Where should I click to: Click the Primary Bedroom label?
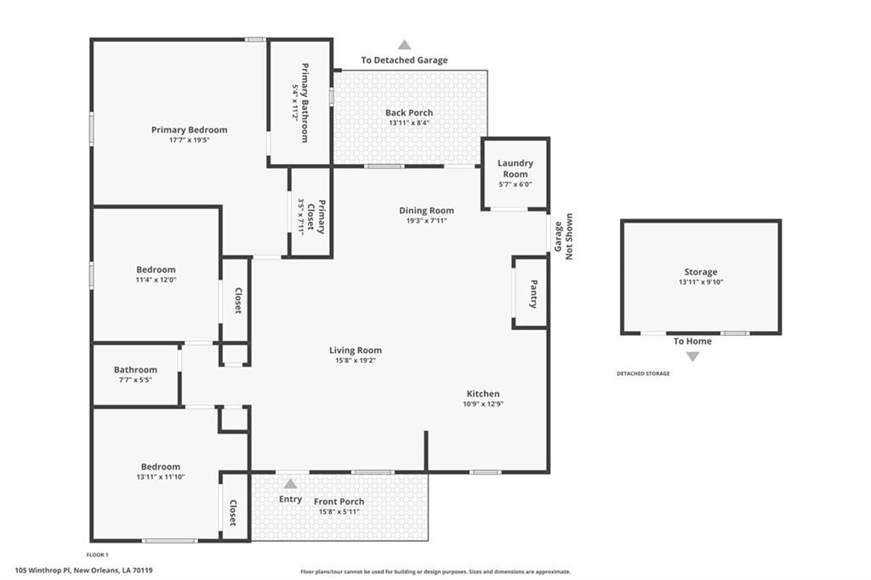point(190,130)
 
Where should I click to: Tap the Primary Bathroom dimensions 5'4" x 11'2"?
point(295,102)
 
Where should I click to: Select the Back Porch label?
point(409,113)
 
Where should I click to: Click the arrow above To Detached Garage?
point(404,45)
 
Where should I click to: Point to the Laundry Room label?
point(515,168)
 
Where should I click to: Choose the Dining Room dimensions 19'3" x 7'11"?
point(427,220)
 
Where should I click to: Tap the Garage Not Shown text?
point(563,236)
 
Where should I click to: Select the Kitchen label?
point(483,394)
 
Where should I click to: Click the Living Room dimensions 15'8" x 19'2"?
point(356,361)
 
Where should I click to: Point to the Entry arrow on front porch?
point(291,483)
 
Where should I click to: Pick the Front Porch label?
point(339,502)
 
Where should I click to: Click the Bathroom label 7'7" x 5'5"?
point(135,370)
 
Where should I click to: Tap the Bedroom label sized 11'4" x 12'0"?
point(157,270)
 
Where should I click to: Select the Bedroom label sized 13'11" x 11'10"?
point(161,467)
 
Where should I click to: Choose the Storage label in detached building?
point(701,272)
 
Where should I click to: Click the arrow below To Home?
point(692,356)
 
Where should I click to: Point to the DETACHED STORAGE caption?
point(643,374)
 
